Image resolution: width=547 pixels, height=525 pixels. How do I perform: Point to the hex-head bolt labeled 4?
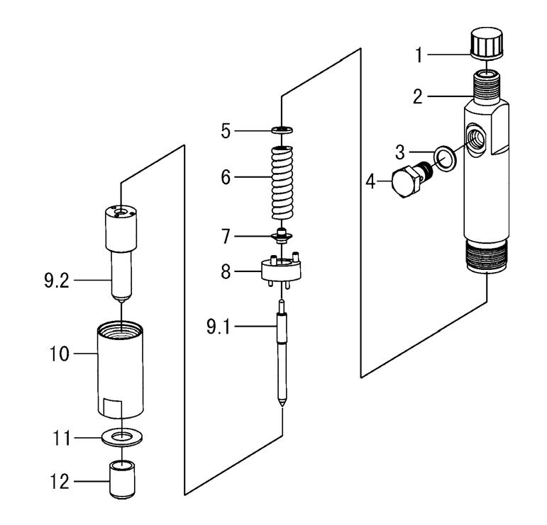tap(402, 184)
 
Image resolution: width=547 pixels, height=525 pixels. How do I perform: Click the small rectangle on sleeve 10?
tap(114, 409)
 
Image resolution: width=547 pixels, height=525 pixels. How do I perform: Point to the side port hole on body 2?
tap(473, 135)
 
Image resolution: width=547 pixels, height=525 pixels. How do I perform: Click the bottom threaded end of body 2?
tap(487, 257)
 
